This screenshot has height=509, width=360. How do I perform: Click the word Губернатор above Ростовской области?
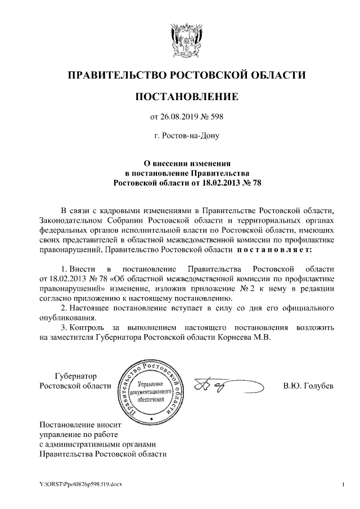click(75, 376)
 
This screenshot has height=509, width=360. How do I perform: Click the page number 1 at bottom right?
click(342, 484)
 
